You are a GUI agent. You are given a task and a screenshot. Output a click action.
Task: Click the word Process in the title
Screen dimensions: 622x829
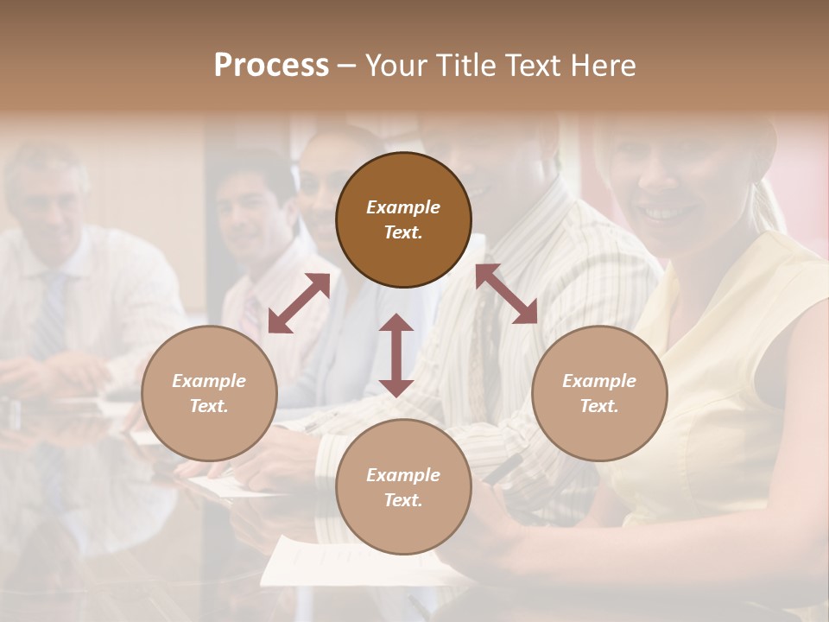[271, 66]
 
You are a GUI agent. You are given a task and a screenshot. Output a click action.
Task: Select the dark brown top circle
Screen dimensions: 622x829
[403, 219]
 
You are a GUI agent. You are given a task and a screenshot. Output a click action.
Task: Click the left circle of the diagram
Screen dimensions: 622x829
[209, 393]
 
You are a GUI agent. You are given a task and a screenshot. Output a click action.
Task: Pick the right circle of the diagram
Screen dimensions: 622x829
[599, 393]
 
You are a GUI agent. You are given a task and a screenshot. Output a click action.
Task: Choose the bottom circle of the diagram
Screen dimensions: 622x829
[403, 487]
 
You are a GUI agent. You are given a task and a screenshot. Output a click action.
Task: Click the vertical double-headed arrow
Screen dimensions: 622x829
[396, 355]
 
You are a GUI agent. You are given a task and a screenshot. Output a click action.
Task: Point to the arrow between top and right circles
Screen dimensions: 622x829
[507, 294]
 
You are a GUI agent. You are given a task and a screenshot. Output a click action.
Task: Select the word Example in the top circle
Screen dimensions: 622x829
[403, 207]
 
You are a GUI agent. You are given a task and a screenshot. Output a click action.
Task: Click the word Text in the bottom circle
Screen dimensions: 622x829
[403, 500]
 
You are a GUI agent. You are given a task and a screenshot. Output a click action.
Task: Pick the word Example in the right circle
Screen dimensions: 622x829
[599, 381]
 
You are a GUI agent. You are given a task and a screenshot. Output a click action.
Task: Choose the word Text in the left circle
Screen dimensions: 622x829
[209, 406]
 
